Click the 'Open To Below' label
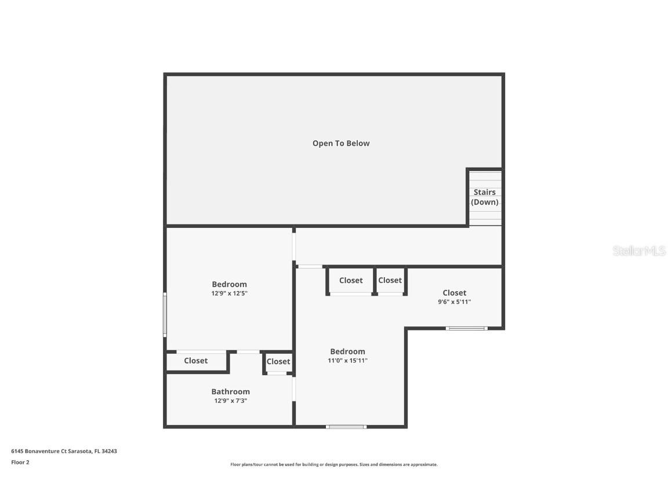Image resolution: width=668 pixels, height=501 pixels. [x=341, y=143]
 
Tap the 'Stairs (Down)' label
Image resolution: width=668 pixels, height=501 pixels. [x=484, y=197]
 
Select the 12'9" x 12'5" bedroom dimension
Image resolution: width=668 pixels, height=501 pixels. [x=229, y=293]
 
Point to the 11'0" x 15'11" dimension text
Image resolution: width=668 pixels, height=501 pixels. [x=347, y=361]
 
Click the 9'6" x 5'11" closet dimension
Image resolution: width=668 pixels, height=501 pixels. [x=454, y=302]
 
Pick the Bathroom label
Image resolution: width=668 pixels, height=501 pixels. [x=230, y=391]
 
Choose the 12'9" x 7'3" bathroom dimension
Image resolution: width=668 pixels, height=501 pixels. [x=230, y=401]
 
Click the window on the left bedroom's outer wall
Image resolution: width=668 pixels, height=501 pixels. [x=165, y=314]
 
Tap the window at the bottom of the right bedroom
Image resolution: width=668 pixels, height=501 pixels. [x=346, y=427]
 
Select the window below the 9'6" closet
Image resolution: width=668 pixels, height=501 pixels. [x=466, y=328]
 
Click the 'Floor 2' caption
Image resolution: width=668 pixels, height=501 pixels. [x=20, y=462]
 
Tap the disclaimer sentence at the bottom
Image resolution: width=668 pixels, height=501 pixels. [x=334, y=464]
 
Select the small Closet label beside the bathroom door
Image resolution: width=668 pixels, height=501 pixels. [x=278, y=361]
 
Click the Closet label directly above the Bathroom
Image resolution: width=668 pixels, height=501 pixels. [x=195, y=361]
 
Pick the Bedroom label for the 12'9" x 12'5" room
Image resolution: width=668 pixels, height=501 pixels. [x=229, y=284]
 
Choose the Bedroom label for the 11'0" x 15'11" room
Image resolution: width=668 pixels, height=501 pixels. [x=347, y=351]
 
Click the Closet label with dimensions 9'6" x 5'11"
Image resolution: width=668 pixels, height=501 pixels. [x=454, y=293]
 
